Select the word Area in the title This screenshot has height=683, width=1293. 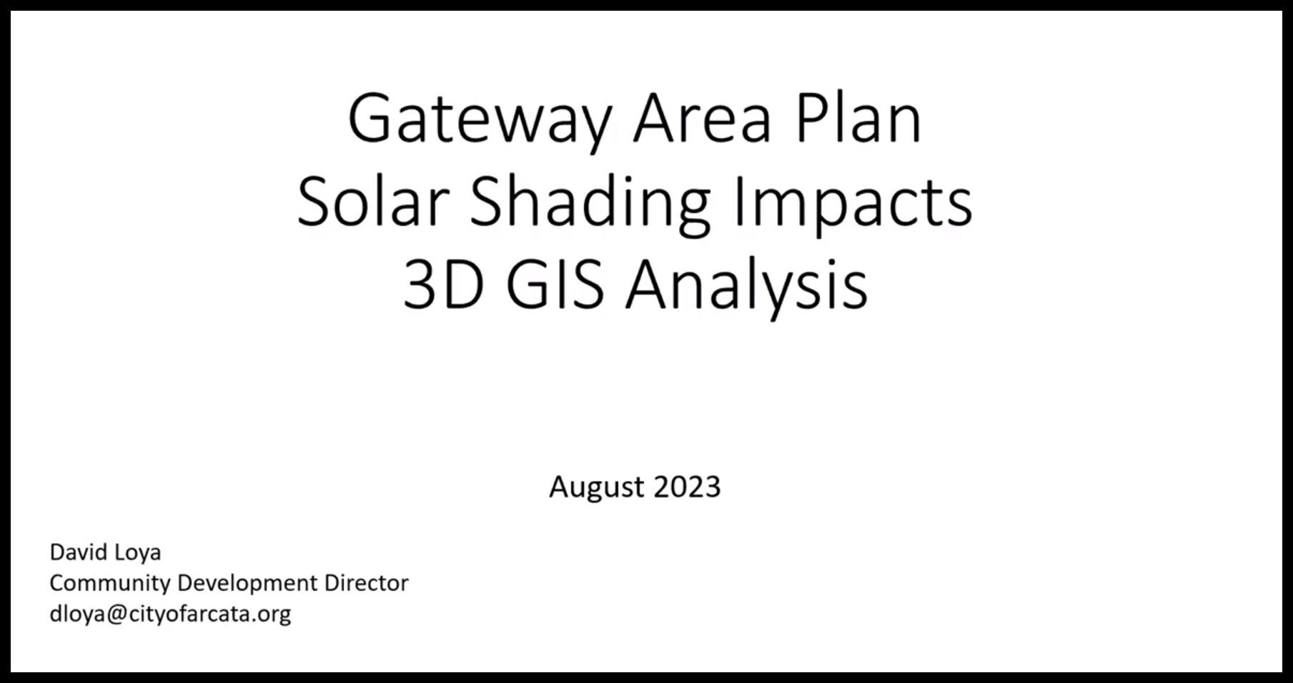coord(702,119)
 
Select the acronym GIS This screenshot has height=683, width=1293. coord(555,285)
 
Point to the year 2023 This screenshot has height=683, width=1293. coord(687,487)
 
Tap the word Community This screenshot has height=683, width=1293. coord(109,584)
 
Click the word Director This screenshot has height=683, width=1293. coord(366,583)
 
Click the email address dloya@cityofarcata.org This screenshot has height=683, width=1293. coord(170,614)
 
